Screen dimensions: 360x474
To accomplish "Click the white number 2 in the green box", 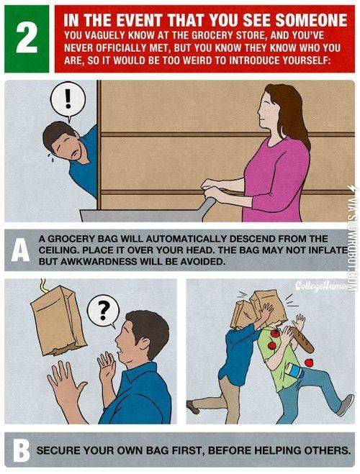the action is pos(27,38).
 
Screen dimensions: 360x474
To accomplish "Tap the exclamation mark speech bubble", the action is pos(68,101).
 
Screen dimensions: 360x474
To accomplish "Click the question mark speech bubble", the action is pos(103,311).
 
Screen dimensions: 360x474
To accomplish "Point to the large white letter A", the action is pos(20,250).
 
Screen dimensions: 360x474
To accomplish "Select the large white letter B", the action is pos(21,450).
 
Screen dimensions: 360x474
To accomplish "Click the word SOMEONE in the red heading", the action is pos(311,21).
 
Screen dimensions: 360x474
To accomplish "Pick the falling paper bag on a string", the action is pos(58,320).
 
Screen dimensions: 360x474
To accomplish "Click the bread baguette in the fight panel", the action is pos(302,339).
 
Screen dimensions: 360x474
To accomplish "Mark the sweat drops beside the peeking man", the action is pos(50,158).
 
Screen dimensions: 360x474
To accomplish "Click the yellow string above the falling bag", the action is pos(44,286).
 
